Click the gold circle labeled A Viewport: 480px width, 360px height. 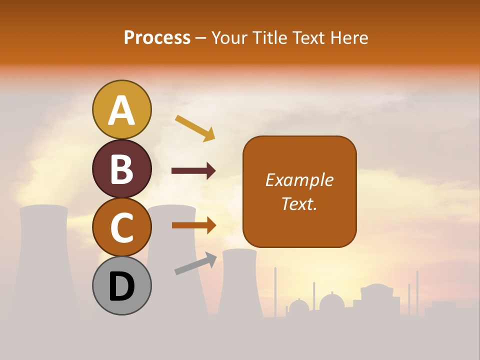pos(122,109)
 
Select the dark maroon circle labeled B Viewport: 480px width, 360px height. pos(122,168)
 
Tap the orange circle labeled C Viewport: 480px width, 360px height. pos(122,227)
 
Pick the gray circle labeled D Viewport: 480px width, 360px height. pos(122,285)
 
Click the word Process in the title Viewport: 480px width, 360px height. pos(157,37)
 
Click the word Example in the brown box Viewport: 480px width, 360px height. pos(299,180)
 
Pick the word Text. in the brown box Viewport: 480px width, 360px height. pos(299,203)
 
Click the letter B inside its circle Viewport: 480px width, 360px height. pos(122,168)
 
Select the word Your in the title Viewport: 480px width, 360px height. pos(229,37)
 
